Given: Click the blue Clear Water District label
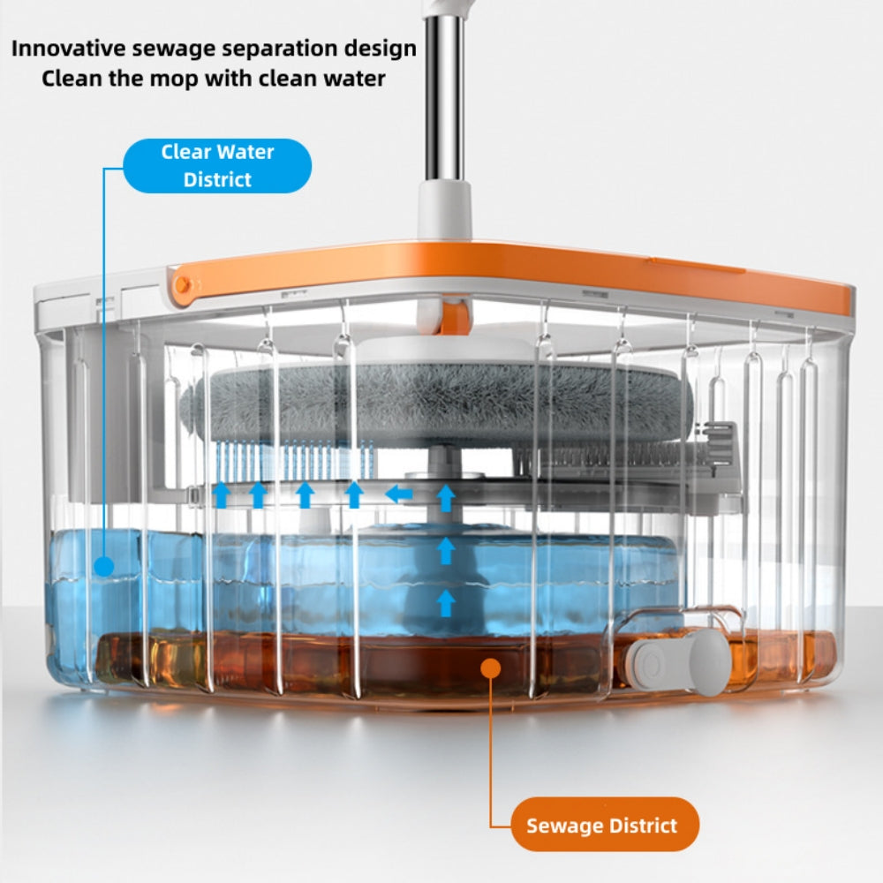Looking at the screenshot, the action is tap(217, 166).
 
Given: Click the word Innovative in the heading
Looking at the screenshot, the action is tap(68, 49).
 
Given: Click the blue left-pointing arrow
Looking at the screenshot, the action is tap(399, 494).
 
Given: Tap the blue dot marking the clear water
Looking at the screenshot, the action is tap(103, 566).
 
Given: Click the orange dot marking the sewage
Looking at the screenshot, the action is tap(491, 668).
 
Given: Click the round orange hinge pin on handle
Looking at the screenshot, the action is tap(182, 285).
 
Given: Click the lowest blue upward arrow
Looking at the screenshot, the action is tap(446, 603).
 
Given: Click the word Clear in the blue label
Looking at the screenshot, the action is tap(185, 152).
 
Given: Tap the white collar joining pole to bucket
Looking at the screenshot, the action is tap(444, 208).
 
